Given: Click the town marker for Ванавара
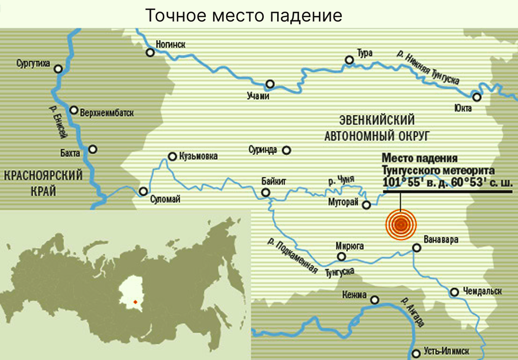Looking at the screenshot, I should tap(417, 247).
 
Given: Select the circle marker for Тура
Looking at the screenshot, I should tap(349, 60).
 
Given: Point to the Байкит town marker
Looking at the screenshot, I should tap(266, 193).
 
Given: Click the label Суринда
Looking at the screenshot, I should tap(263, 150).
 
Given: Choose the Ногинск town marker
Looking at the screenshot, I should tap(150, 53).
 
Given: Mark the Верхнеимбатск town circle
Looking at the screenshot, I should tap(74, 110).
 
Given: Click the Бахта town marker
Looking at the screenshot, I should tap(93, 149).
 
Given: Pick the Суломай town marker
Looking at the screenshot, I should tap(143, 191).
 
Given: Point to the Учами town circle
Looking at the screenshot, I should tap(270, 84).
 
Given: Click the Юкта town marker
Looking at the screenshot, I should tap(476, 97).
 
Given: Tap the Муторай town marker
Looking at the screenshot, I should tap(366, 205).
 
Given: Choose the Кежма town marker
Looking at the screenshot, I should tap(376, 300).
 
